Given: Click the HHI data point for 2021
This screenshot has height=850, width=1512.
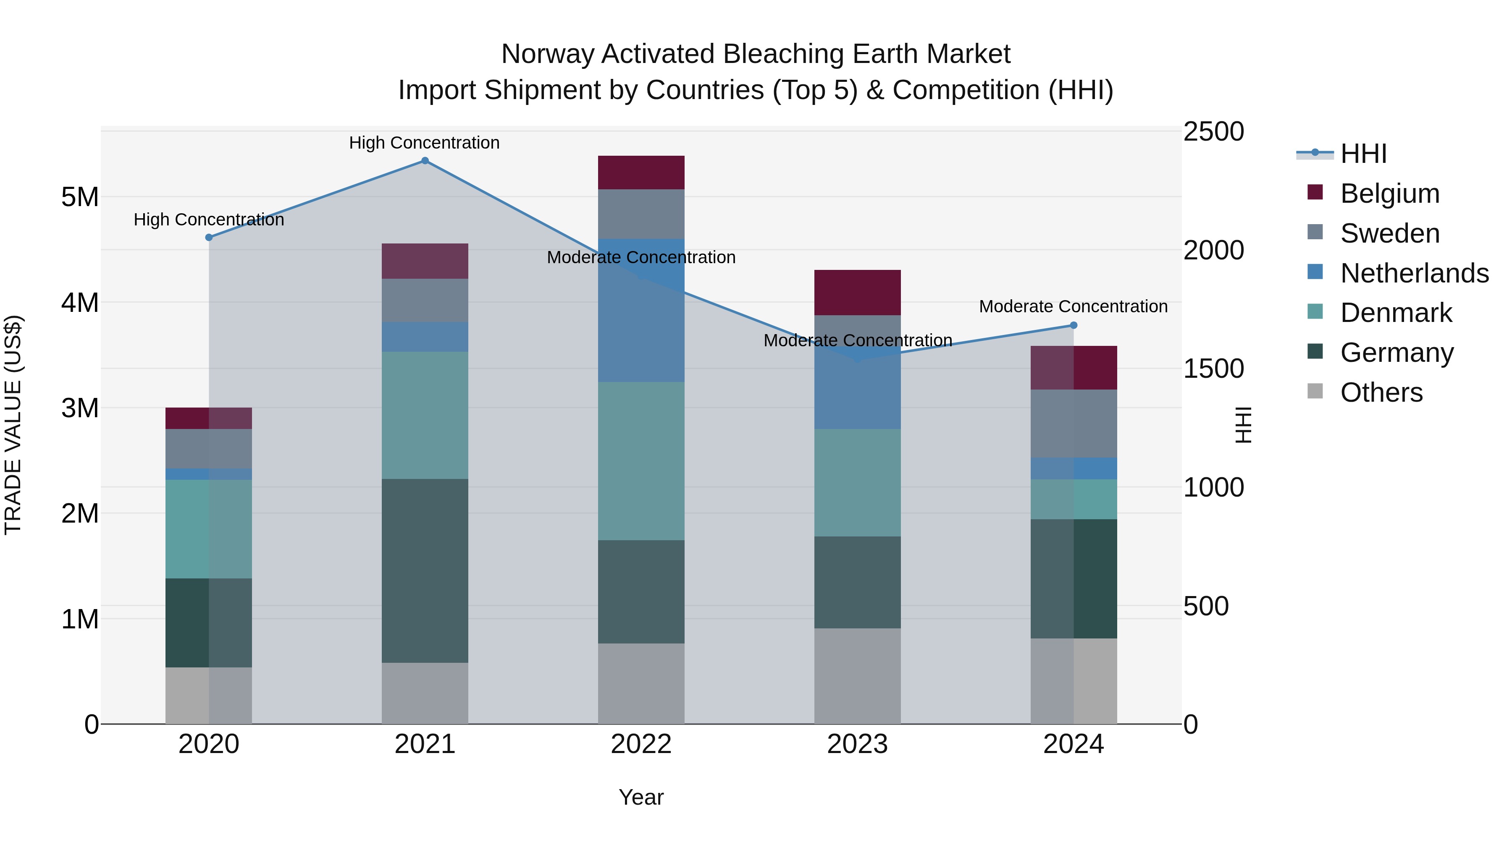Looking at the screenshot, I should tap(425, 161).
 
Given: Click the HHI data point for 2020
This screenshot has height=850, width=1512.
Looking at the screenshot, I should tap(209, 238).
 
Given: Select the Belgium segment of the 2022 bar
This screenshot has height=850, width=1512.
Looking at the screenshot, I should tap(641, 173).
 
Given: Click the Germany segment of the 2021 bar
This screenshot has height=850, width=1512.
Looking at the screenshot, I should tap(425, 571).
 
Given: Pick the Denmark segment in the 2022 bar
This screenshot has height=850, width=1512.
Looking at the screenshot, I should tap(641, 461).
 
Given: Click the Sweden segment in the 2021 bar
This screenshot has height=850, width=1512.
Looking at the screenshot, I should tap(425, 301).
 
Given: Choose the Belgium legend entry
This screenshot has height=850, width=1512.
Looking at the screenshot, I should tap(1389, 194).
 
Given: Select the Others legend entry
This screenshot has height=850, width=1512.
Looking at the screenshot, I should tap(1381, 392).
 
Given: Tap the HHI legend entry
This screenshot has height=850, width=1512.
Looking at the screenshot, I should tap(1363, 154).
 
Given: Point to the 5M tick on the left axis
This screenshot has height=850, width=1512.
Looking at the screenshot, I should tap(80, 197).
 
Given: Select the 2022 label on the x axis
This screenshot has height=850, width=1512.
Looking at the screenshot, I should tap(641, 744).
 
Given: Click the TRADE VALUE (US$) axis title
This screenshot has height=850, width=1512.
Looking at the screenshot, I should tap(13, 425).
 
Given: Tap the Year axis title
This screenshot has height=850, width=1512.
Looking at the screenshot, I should tap(641, 797).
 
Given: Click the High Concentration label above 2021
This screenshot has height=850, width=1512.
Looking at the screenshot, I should tap(424, 143).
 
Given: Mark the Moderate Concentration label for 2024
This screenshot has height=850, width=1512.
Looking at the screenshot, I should tap(1073, 306).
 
